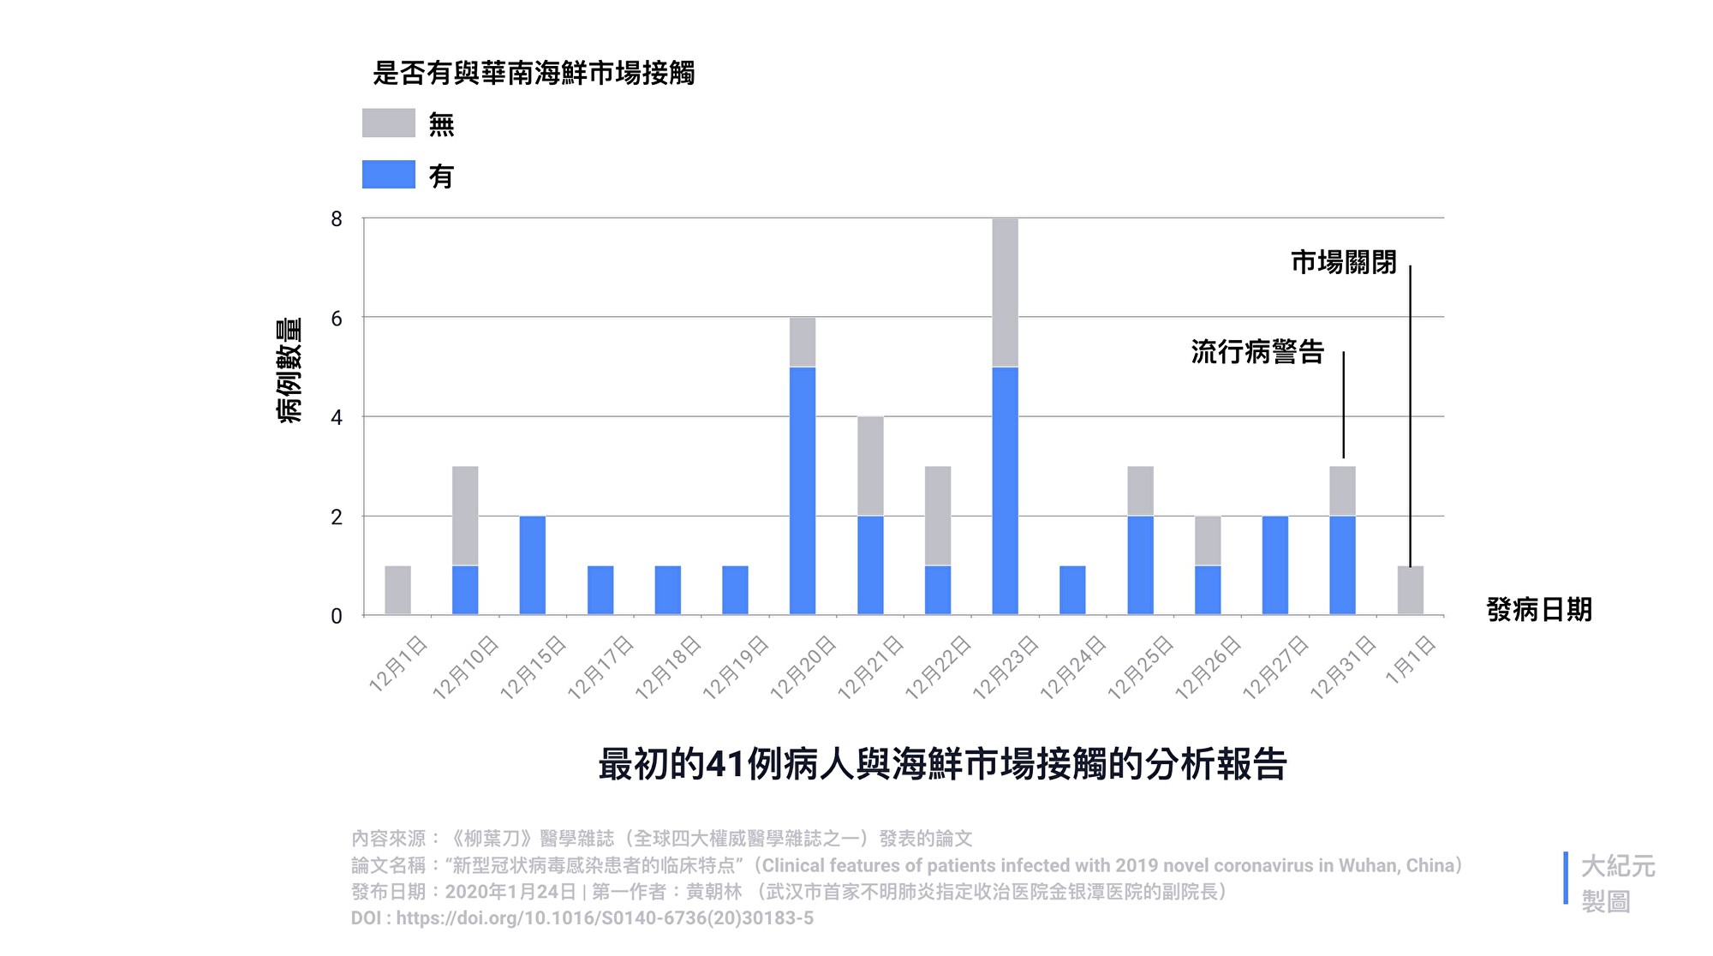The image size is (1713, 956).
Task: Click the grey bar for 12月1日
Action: tap(397, 590)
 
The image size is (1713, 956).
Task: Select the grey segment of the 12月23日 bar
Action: tap(1005, 293)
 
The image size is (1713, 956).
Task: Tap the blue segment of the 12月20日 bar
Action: tap(803, 491)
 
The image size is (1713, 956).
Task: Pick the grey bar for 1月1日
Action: tap(1410, 590)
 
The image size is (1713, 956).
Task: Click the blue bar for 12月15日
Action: tap(533, 565)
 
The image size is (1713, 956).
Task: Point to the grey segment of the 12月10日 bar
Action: tap(465, 516)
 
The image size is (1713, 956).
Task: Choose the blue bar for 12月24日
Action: tap(1072, 590)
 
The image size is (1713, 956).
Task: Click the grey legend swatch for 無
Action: tap(388, 123)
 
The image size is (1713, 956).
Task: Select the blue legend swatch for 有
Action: tap(388, 175)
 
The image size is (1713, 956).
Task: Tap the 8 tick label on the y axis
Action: tap(337, 219)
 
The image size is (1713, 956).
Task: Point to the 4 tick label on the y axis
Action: tap(337, 418)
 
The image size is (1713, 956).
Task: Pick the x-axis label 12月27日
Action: tap(1276, 668)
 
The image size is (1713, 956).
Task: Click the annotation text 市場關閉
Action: tap(1343, 262)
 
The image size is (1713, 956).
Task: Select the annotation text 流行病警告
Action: tap(1257, 352)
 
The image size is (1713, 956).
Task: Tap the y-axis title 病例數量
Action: tap(289, 370)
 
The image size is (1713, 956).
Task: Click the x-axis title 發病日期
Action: tap(1539, 610)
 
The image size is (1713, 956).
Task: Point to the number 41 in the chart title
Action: tap(725, 764)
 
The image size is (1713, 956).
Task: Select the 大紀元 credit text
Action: tap(1618, 866)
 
